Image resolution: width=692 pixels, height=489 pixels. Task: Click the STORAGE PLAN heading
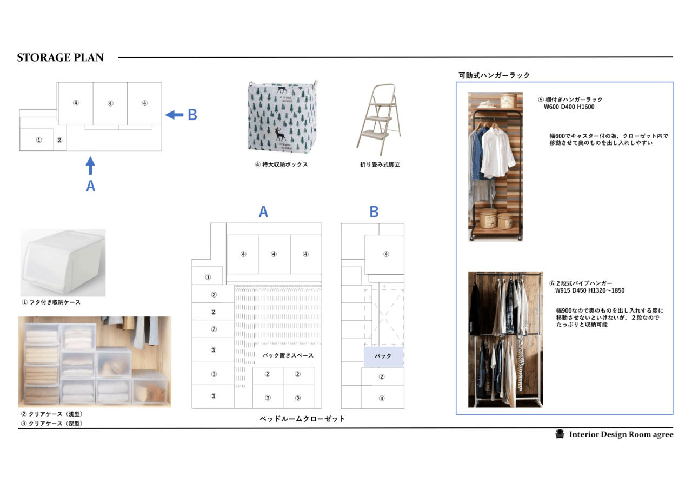[60, 57]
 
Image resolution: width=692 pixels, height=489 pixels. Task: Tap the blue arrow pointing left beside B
[174, 115]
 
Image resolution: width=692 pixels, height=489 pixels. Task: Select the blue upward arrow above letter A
[90, 166]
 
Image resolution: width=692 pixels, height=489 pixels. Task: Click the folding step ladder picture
[379, 120]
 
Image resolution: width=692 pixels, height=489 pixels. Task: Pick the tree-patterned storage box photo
[283, 117]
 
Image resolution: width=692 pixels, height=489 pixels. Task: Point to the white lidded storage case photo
[63, 263]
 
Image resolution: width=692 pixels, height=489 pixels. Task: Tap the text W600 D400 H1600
[569, 107]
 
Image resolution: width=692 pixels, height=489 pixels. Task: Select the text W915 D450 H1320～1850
[590, 290]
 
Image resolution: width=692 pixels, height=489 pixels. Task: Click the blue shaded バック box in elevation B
[384, 356]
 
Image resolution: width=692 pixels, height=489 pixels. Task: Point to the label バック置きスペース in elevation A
[288, 355]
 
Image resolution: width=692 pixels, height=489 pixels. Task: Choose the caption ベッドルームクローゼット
[302, 419]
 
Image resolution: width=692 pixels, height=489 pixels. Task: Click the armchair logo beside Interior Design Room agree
[560, 434]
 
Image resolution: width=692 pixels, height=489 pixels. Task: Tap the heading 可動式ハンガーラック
[494, 75]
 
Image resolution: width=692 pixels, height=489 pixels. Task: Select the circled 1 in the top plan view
[39, 140]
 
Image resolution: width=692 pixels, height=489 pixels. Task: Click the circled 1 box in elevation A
[207, 275]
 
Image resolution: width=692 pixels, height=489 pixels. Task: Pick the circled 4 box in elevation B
[384, 255]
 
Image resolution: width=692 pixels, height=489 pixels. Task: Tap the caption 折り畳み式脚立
[380, 164]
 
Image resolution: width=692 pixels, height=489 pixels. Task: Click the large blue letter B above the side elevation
[374, 212]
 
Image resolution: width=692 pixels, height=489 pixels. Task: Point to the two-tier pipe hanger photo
[505, 339]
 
